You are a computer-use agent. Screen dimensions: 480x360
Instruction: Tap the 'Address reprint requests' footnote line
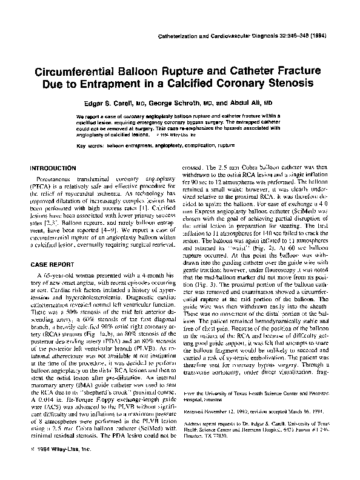click(x=261, y=426)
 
